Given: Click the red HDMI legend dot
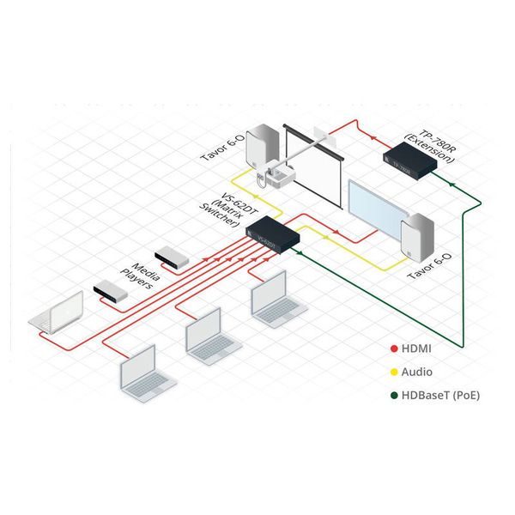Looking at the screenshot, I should [393, 350].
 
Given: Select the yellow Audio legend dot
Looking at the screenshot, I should [393, 373].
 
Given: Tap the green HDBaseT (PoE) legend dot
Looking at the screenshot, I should [393, 395].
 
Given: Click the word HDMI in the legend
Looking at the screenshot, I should [416, 350].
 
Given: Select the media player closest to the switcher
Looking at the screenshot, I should [171, 256].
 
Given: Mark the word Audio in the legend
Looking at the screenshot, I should [417, 373].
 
